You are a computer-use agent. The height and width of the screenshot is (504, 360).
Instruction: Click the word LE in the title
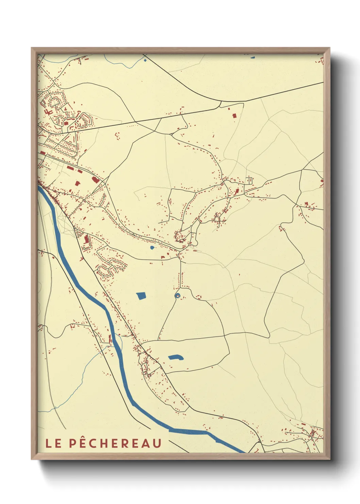point(53,443)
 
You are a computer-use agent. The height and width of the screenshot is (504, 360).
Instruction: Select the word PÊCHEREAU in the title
point(115,443)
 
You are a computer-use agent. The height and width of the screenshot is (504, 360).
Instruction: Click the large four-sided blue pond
point(141,296)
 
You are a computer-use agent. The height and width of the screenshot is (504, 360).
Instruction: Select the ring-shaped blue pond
point(177,296)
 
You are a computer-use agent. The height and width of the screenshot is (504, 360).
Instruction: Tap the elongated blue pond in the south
point(176,357)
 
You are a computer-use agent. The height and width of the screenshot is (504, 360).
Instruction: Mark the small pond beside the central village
point(152,248)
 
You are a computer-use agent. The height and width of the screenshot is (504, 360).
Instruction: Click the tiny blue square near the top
point(145,61)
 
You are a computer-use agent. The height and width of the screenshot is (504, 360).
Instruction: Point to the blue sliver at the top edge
point(253,57)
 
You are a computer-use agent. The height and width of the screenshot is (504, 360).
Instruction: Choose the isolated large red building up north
point(234,116)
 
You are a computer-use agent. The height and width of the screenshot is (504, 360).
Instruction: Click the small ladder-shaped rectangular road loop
point(249,180)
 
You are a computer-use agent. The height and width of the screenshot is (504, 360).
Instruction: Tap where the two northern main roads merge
point(221,101)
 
